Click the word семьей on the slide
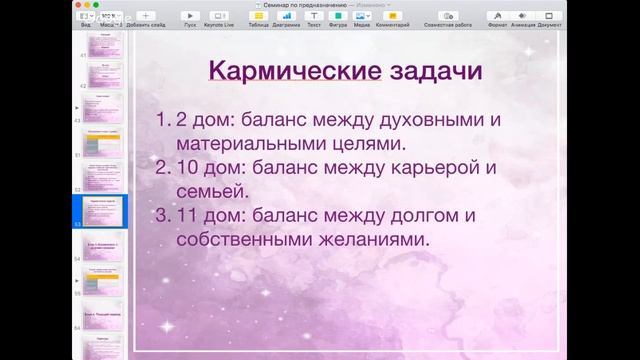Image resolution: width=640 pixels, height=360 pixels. [x=212, y=189]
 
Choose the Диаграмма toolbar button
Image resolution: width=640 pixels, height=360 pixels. [x=286, y=18]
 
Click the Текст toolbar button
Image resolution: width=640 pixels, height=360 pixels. [x=314, y=18]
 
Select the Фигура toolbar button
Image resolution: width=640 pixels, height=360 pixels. [x=339, y=18]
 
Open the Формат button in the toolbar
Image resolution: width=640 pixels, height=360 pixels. [x=496, y=18]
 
